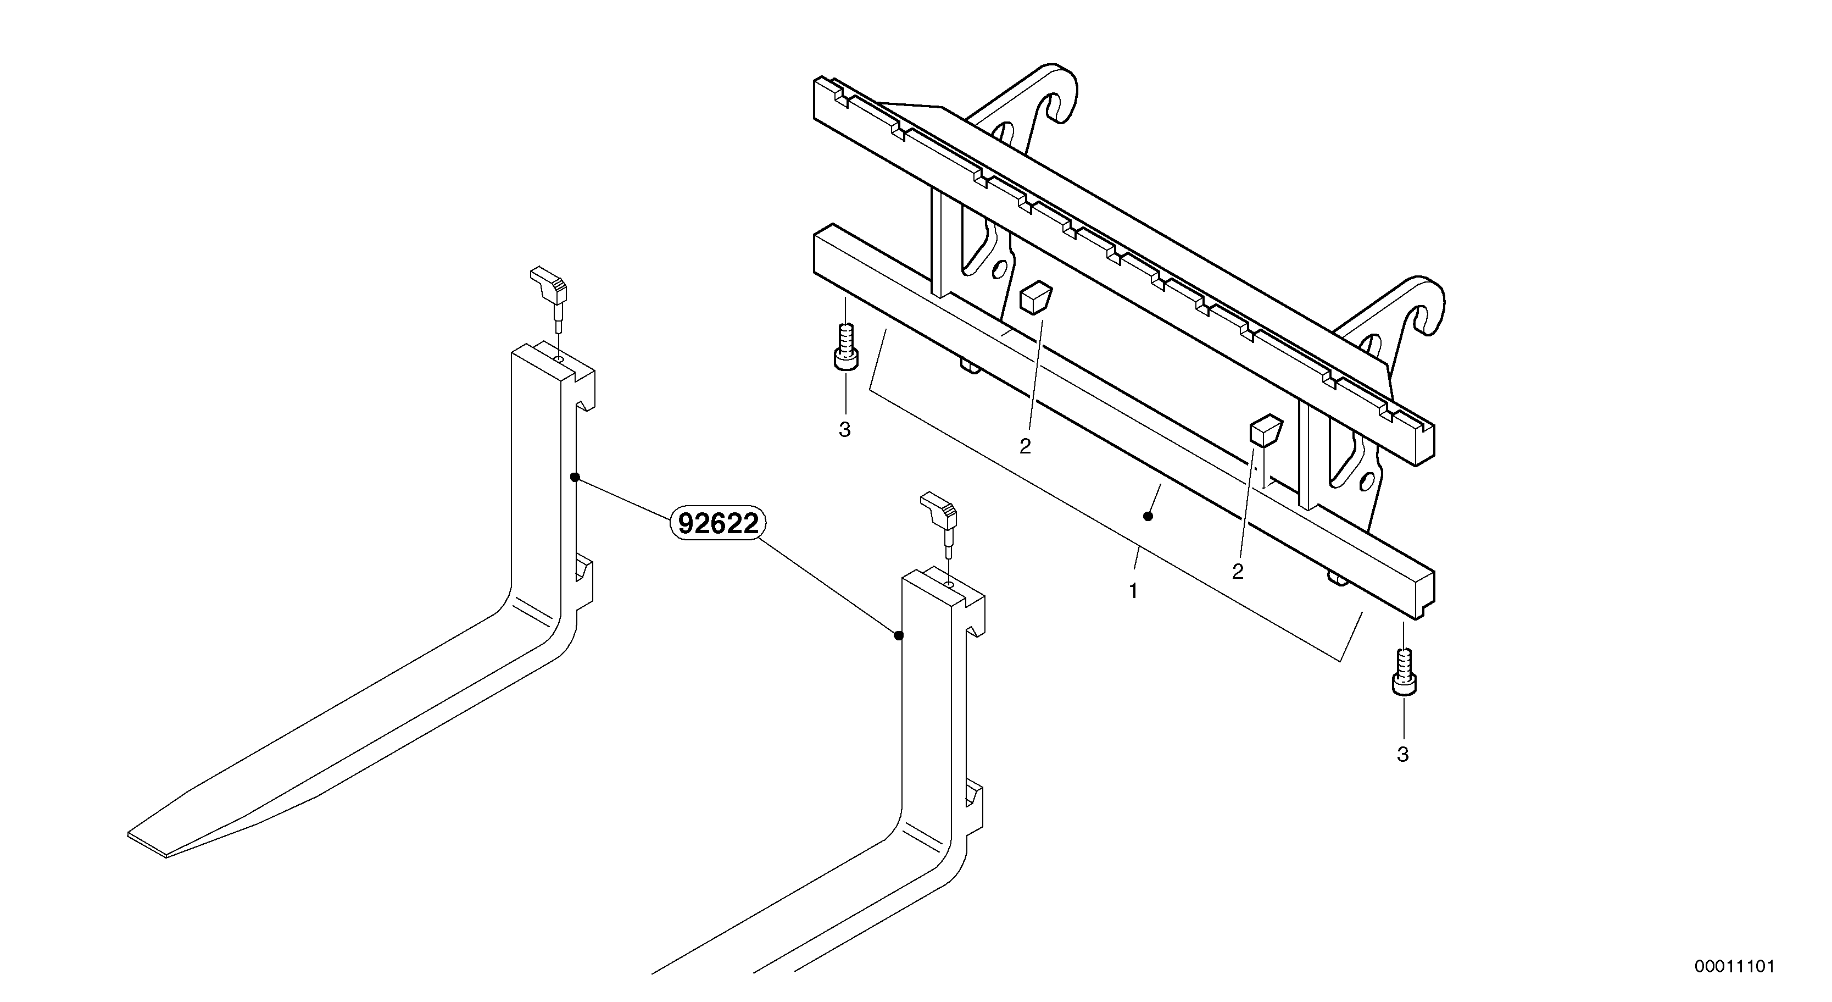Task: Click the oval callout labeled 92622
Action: (x=717, y=524)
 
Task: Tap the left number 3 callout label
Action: (x=844, y=430)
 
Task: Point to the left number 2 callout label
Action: (x=1025, y=446)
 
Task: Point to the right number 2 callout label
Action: (x=1238, y=572)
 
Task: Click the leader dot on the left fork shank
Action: (x=575, y=477)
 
